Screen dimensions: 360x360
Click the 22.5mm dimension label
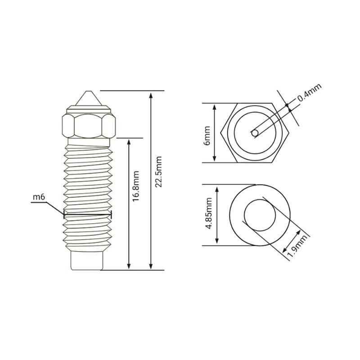tap(158, 172)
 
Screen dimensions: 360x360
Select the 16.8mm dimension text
tap(136, 186)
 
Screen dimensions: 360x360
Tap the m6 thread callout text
tap(39, 197)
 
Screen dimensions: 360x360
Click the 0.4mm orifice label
tap(310, 92)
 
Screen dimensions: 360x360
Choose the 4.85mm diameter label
tap(209, 213)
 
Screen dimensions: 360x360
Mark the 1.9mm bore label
tap(297, 246)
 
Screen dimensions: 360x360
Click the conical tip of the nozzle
tap(88, 98)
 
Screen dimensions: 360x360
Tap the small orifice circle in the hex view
tap(255, 133)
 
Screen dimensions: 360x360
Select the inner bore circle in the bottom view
tap(244, 215)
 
